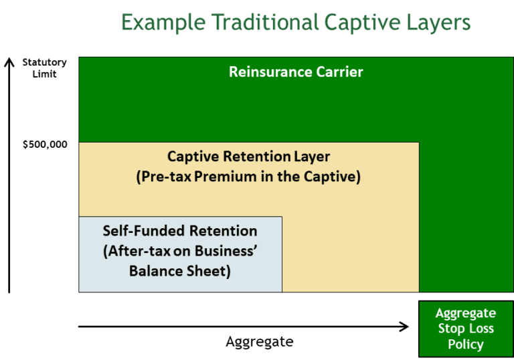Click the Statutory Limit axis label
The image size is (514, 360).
(x=44, y=68)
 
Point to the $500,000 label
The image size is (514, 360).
(x=45, y=144)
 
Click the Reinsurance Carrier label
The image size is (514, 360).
(x=296, y=72)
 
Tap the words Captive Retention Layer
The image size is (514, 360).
(x=248, y=158)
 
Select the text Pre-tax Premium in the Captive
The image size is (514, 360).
(x=248, y=177)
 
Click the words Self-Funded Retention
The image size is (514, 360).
(x=180, y=231)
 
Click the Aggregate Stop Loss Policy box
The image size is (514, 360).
(x=465, y=329)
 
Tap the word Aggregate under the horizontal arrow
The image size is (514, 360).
(x=259, y=341)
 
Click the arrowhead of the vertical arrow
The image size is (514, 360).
(x=9, y=62)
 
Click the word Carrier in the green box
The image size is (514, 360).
(x=339, y=72)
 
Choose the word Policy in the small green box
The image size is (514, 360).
(x=465, y=345)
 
